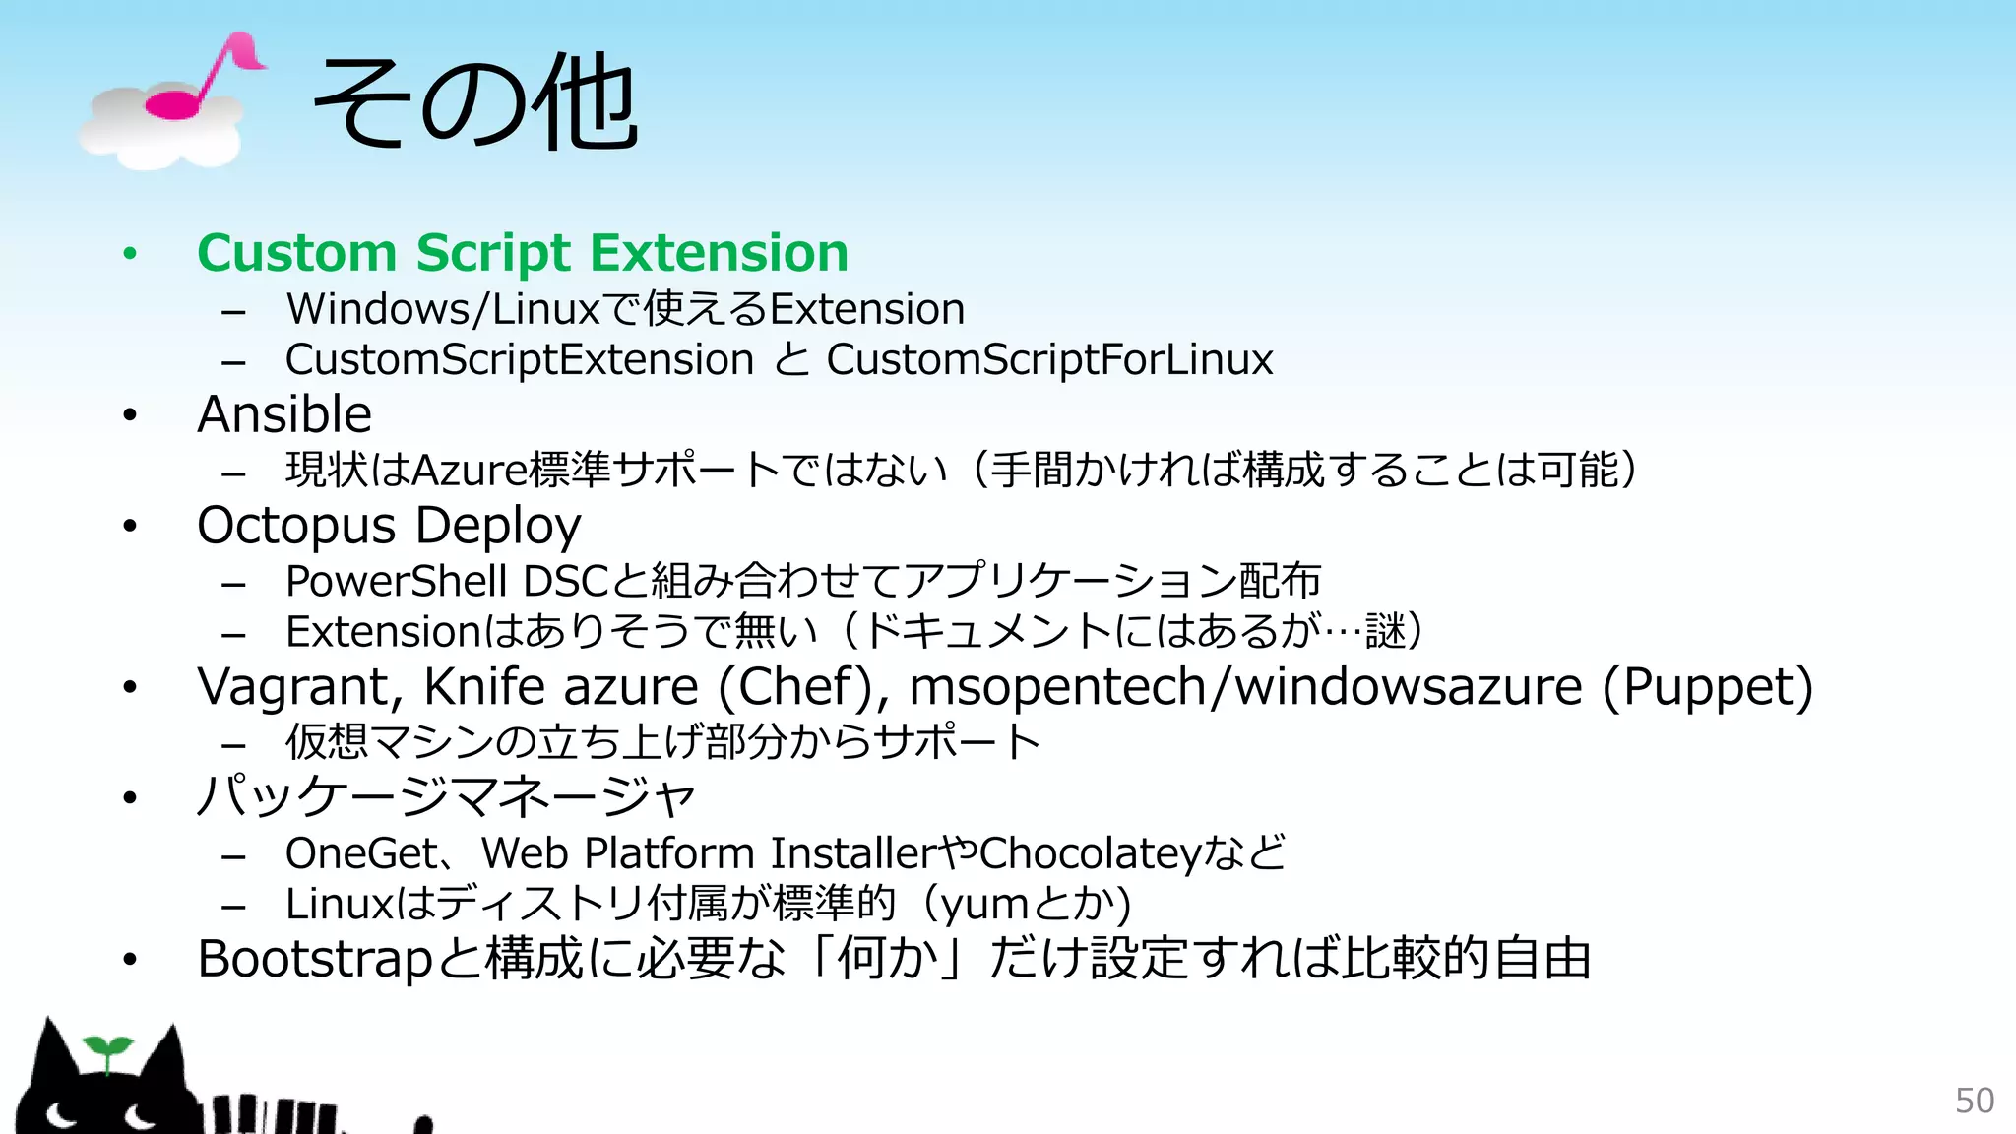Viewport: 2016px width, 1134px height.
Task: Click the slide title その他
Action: [x=475, y=102]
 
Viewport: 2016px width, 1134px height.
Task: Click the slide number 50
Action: [x=1974, y=1101]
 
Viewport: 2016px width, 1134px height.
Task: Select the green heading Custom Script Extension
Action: [x=523, y=253]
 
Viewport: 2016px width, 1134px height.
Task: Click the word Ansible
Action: [x=284, y=414]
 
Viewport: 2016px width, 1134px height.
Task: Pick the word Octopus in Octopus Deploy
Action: [x=295, y=526]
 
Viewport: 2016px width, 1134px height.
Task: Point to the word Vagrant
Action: [x=299, y=687]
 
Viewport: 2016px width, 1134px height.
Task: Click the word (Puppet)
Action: [x=1707, y=687]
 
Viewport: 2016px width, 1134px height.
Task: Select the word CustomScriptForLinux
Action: [x=1049, y=359]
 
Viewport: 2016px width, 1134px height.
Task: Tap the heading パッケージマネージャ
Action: [x=446, y=796]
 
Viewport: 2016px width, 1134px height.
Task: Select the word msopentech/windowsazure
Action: [x=1245, y=687]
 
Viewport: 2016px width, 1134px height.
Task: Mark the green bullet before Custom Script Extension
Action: [x=130, y=254]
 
